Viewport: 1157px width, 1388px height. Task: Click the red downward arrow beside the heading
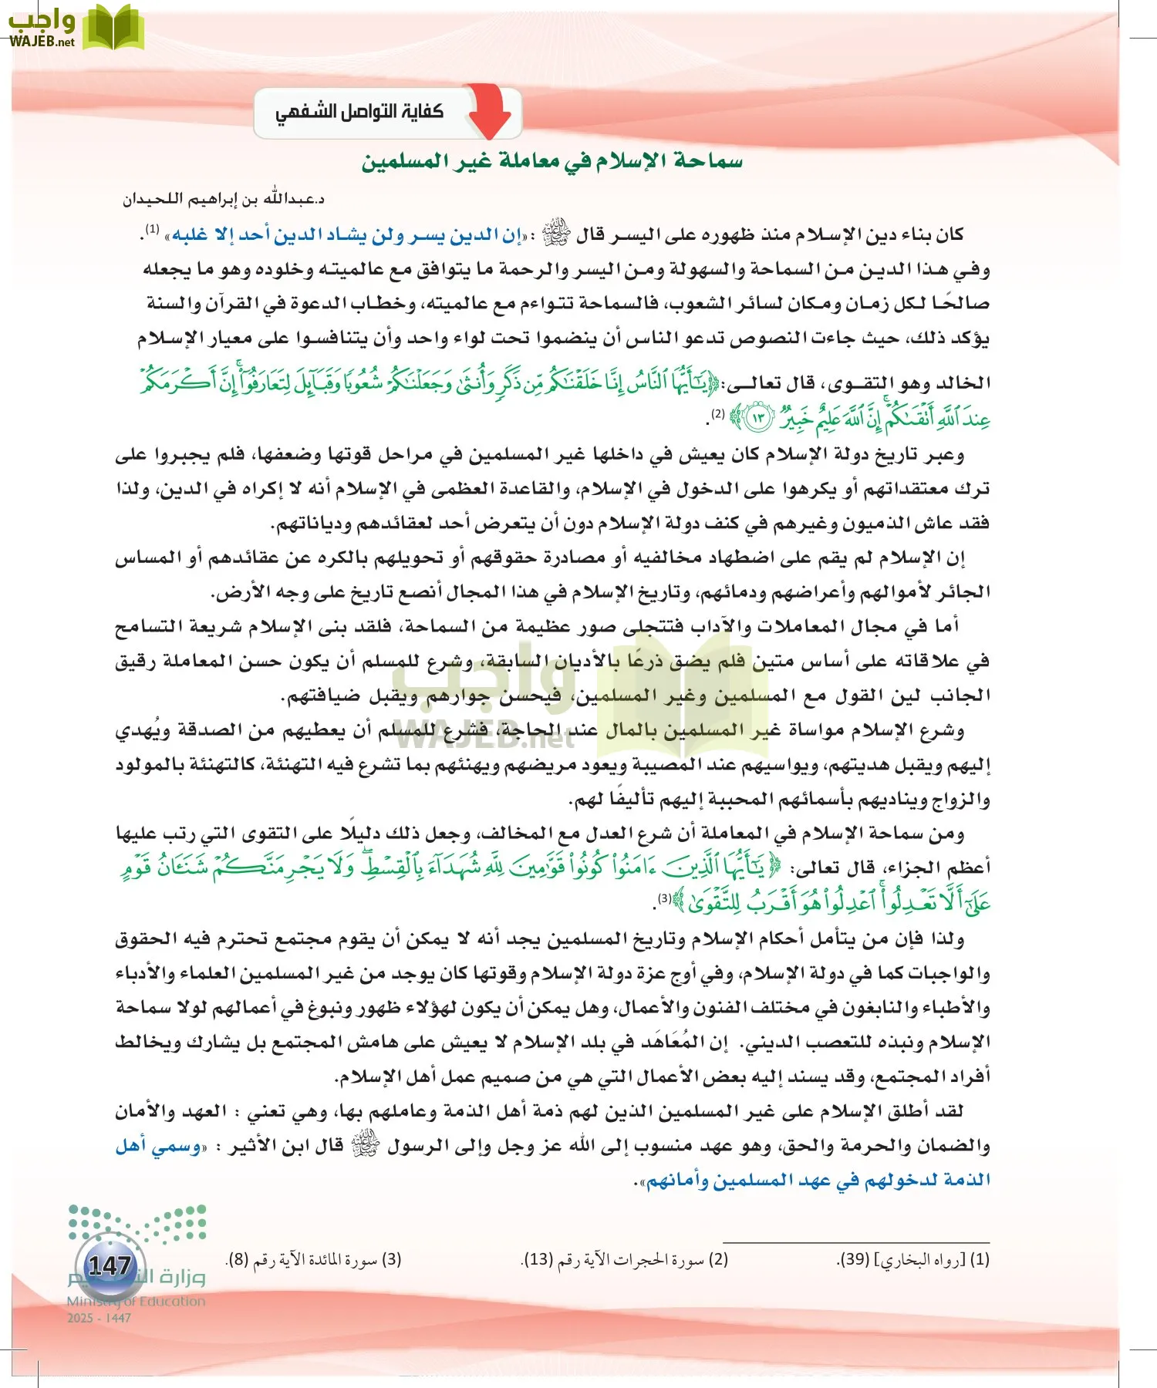pos(489,112)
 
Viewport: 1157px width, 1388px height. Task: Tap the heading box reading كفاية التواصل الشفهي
pos(360,113)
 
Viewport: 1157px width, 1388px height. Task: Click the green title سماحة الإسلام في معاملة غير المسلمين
pos(552,161)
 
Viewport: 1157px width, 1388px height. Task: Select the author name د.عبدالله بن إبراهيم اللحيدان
pos(224,199)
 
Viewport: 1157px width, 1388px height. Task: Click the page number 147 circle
pos(110,1266)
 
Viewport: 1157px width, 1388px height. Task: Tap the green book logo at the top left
pos(113,28)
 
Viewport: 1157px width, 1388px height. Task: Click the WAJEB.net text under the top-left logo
pos(42,42)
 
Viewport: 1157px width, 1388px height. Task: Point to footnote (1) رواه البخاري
pos(913,1260)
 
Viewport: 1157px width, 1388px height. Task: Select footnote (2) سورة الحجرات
pos(625,1260)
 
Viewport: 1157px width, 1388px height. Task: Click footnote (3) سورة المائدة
pos(313,1260)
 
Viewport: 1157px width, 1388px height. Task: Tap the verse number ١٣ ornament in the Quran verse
pos(757,418)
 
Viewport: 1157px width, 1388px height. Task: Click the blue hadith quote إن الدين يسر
pos(347,234)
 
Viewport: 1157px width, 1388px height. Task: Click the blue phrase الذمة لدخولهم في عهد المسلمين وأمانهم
pos(818,1181)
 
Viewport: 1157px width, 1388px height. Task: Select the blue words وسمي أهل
pos(159,1147)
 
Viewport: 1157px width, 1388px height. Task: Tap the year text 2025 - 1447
pos(99,1318)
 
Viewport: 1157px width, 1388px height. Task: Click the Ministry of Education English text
pos(136,1302)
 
